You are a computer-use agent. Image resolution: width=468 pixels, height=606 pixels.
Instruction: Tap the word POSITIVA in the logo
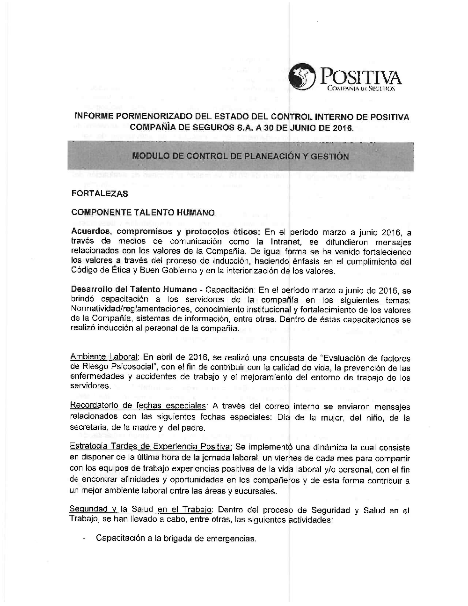pos(359,77)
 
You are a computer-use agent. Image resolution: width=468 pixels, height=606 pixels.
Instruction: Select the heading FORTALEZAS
pos(99,193)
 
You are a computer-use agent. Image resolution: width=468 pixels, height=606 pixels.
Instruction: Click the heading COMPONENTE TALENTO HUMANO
pos(143,213)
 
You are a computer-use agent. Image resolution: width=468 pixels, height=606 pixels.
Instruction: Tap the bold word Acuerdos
pos(91,232)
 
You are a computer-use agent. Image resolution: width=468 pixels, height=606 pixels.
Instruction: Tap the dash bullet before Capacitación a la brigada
pos(83,538)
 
